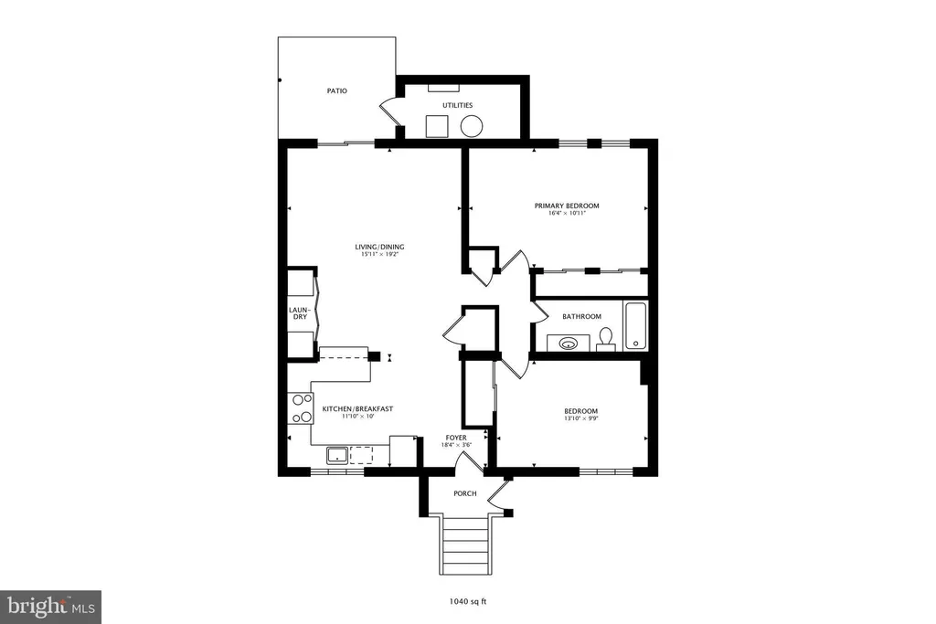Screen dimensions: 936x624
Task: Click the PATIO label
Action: point(336,90)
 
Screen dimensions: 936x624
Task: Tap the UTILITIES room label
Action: point(457,105)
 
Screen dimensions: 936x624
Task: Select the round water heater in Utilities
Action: point(472,126)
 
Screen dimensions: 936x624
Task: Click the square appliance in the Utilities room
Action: point(437,126)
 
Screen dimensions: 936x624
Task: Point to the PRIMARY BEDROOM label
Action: point(567,206)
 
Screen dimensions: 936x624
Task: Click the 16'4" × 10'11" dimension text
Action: point(567,213)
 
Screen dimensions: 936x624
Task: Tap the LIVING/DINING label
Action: point(379,247)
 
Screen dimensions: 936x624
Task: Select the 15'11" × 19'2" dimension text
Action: point(379,254)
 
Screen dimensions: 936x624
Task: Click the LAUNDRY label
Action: point(300,313)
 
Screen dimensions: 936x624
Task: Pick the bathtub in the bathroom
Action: point(635,326)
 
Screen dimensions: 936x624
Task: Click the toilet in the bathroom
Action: point(607,337)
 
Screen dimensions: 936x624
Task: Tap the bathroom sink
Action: point(568,343)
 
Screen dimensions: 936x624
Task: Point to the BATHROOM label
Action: point(581,317)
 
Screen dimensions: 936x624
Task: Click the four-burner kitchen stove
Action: point(300,408)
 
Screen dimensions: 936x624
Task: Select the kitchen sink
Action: point(337,455)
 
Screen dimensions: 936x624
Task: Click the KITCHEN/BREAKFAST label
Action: point(357,408)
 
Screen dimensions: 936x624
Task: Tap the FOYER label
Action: point(456,438)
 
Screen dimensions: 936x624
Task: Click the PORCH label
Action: point(465,493)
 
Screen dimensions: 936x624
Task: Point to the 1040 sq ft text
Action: point(467,601)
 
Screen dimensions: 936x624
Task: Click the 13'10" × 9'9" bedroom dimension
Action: point(580,418)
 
